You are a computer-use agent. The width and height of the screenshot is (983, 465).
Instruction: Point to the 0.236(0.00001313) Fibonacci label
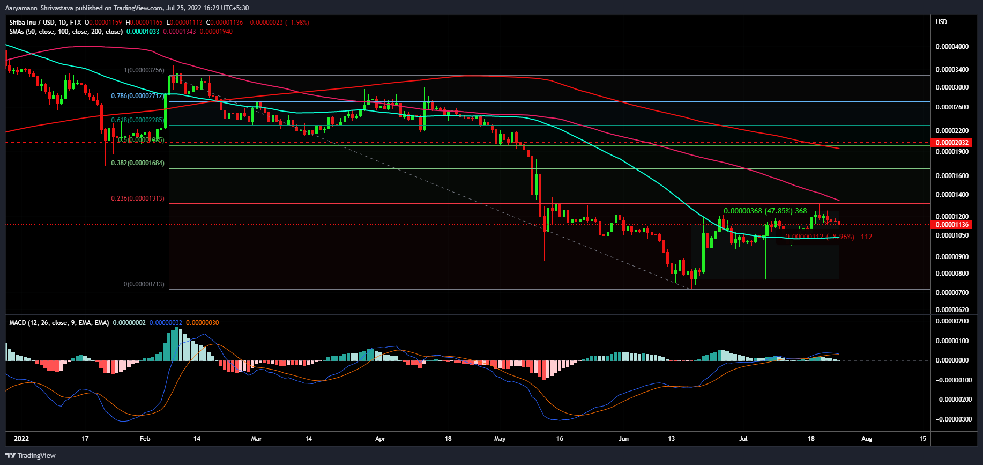pos(138,198)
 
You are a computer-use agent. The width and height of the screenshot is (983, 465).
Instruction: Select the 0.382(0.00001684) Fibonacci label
pos(138,163)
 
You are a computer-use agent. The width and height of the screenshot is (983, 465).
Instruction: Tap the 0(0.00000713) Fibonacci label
pos(144,284)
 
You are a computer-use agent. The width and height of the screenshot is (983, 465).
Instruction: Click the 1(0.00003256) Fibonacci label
pos(144,70)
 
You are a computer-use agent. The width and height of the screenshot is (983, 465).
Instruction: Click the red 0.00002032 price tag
pos(952,143)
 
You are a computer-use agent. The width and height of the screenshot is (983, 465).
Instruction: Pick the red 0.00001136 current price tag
pos(952,225)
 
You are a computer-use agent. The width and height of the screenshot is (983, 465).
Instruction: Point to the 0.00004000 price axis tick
pos(952,47)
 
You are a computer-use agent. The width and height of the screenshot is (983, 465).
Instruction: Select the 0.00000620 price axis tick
pos(952,310)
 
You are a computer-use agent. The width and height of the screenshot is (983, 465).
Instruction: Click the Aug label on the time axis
pos(867,439)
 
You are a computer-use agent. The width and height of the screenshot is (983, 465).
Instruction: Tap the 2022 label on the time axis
pos(21,439)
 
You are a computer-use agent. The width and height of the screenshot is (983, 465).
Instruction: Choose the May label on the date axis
pos(500,439)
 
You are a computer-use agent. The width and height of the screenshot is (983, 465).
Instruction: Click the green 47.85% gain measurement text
pos(765,211)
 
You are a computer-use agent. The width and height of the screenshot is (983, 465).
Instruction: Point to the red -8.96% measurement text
pos(829,237)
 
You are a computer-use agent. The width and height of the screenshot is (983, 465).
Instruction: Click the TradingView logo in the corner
pos(31,455)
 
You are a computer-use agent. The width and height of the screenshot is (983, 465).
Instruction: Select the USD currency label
pos(941,22)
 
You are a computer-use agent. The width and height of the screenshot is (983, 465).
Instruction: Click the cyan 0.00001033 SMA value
pos(143,32)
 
